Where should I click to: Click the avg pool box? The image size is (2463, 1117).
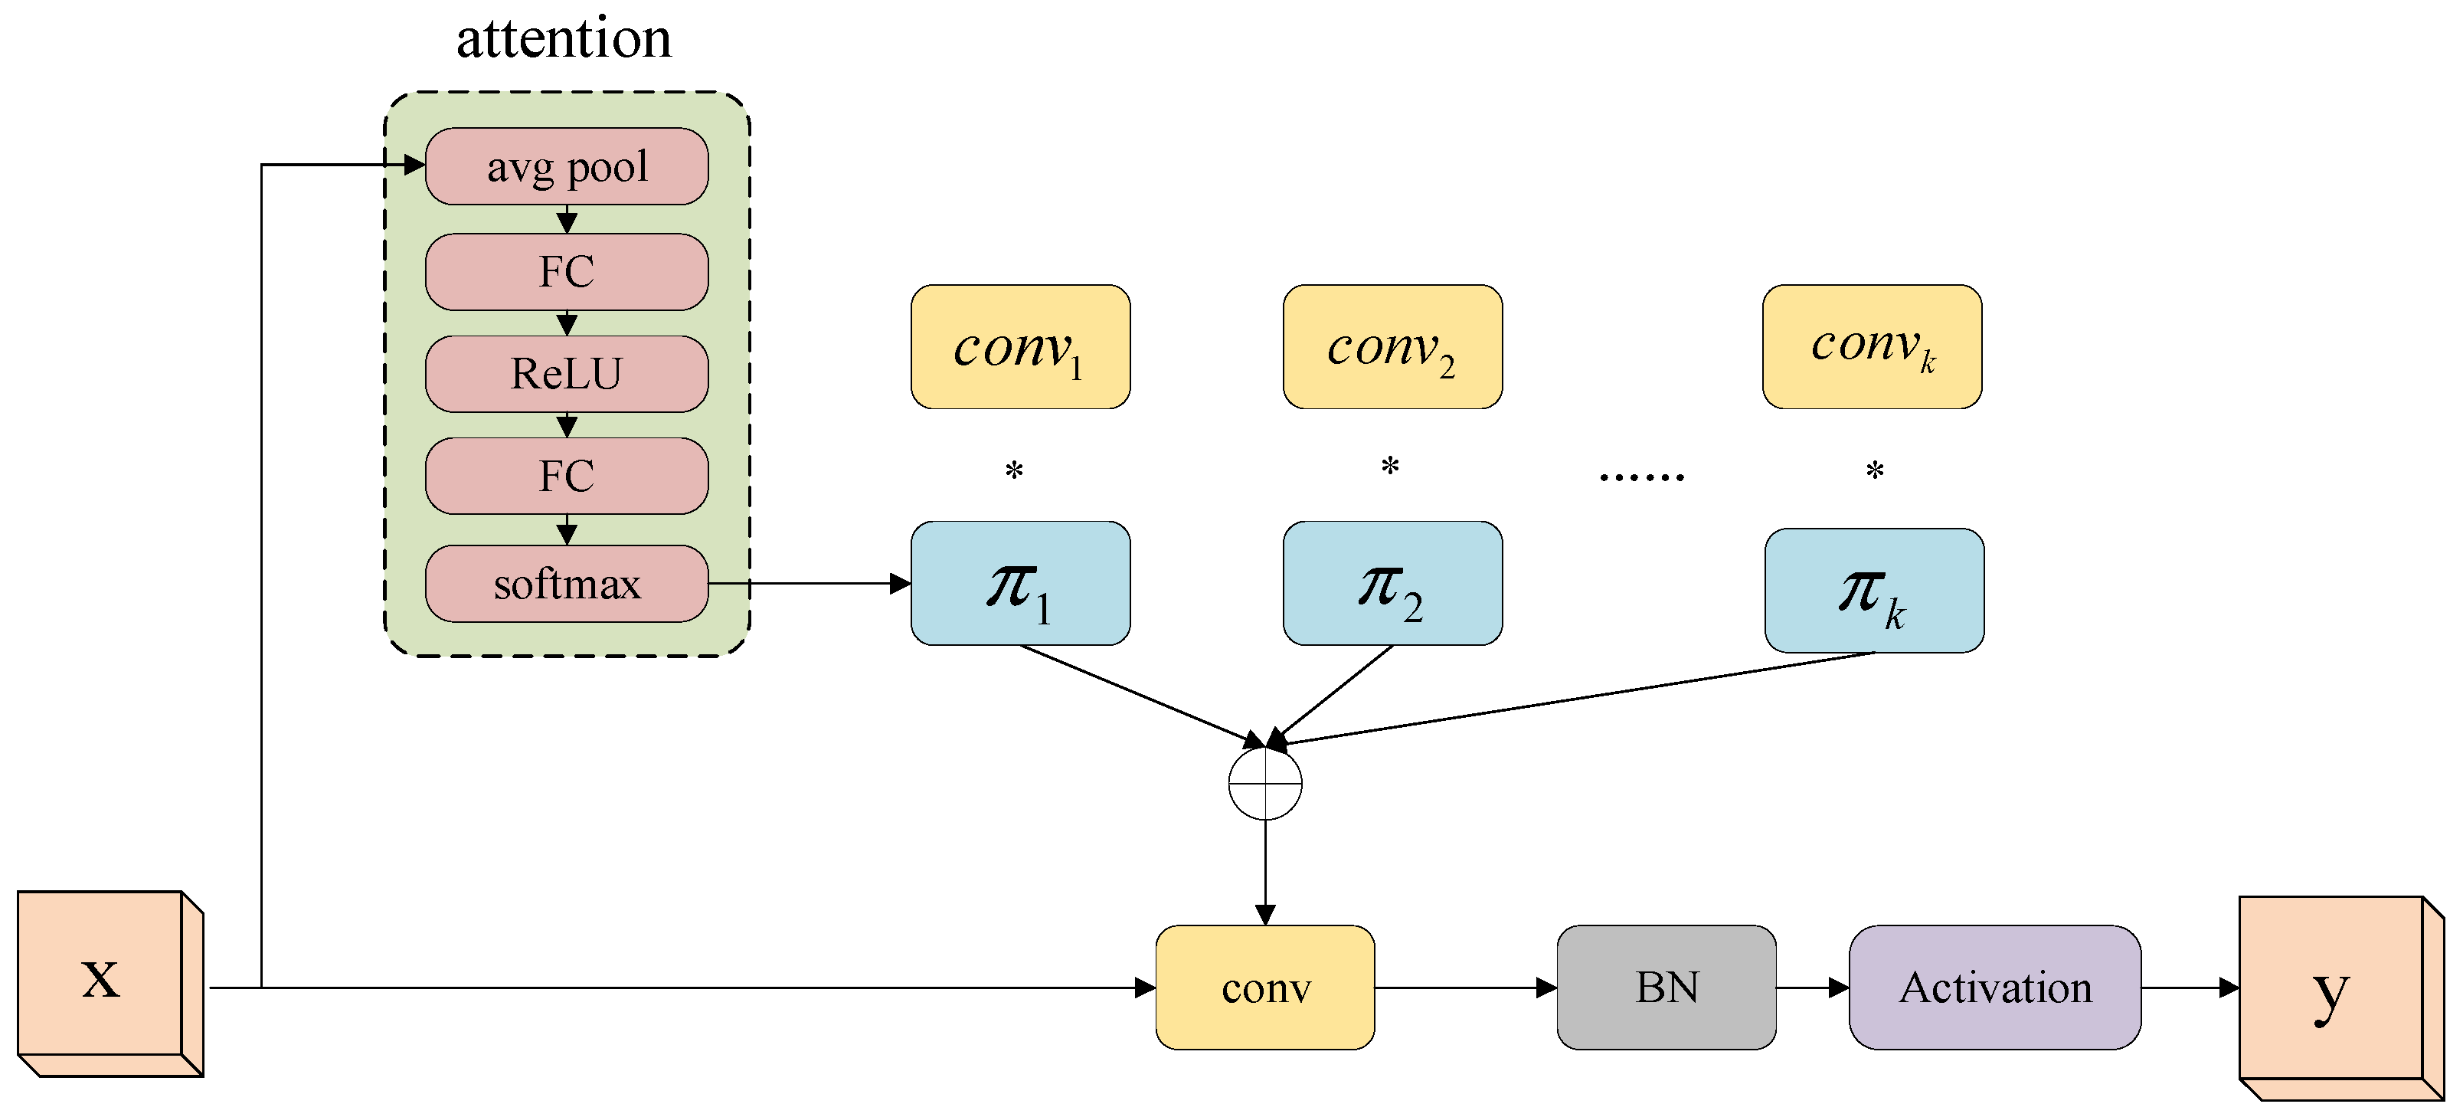pyautogui.click(x=566, y=166)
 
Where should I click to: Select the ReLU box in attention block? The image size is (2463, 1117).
pyautogui.click(x=566, y=373)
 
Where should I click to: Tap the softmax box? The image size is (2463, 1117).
pyautogui.click(x=566, y=583)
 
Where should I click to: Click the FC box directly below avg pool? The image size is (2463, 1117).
pyautogui.click(x=566, y=272)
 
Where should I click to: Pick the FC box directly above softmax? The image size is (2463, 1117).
pyautogui.click(x=566, y=475)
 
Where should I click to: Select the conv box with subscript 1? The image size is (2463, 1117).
pyautogui.click(x=1020, y=346)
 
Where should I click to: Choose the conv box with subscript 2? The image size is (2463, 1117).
pyautogui.click(x=1392, y=346)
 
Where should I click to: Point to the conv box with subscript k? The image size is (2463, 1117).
pyautogui.click(x=1871, y=346)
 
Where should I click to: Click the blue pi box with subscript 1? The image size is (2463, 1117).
pyautogui.click(x=1020, y=582)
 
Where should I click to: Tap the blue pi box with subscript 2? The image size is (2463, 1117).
pyautogui.click(x=1392, y=582)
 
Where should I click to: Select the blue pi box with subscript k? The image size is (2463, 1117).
pyautogui.click(x=1873, y=590)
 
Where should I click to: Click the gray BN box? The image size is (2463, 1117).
pyautogui.click(x=1666, y=987)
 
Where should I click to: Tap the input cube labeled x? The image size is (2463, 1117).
pyautogui.click(x=101, y=975)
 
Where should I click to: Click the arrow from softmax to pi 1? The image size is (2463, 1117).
pyautogui.click(x=813, y=582)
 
